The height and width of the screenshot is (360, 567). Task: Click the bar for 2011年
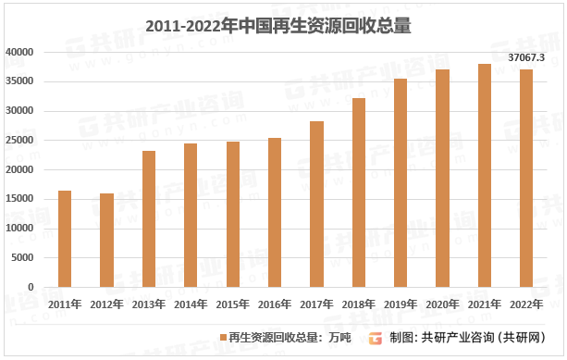65,239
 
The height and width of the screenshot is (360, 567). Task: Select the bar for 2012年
106,240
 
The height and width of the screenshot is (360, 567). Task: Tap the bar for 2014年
191,215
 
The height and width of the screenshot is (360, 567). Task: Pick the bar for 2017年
316,204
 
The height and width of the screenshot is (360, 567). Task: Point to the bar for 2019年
401,182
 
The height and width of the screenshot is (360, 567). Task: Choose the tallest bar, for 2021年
485,175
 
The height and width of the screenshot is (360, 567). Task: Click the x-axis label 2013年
148,303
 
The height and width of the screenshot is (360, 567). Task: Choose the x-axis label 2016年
275,303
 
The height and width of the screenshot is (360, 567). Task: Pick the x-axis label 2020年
442,303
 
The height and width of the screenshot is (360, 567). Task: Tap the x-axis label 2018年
358,303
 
